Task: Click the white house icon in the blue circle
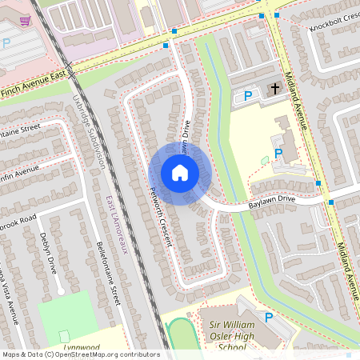(x=179, y=173)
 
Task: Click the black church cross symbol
(x=274, y=88)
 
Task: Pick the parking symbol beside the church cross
(x=248, y=96)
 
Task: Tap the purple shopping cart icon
(x=26, y=21)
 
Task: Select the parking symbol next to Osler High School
(x=268, y=318)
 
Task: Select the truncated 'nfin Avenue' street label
(x=20, y=172)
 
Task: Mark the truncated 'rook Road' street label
(x=18, y=218)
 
